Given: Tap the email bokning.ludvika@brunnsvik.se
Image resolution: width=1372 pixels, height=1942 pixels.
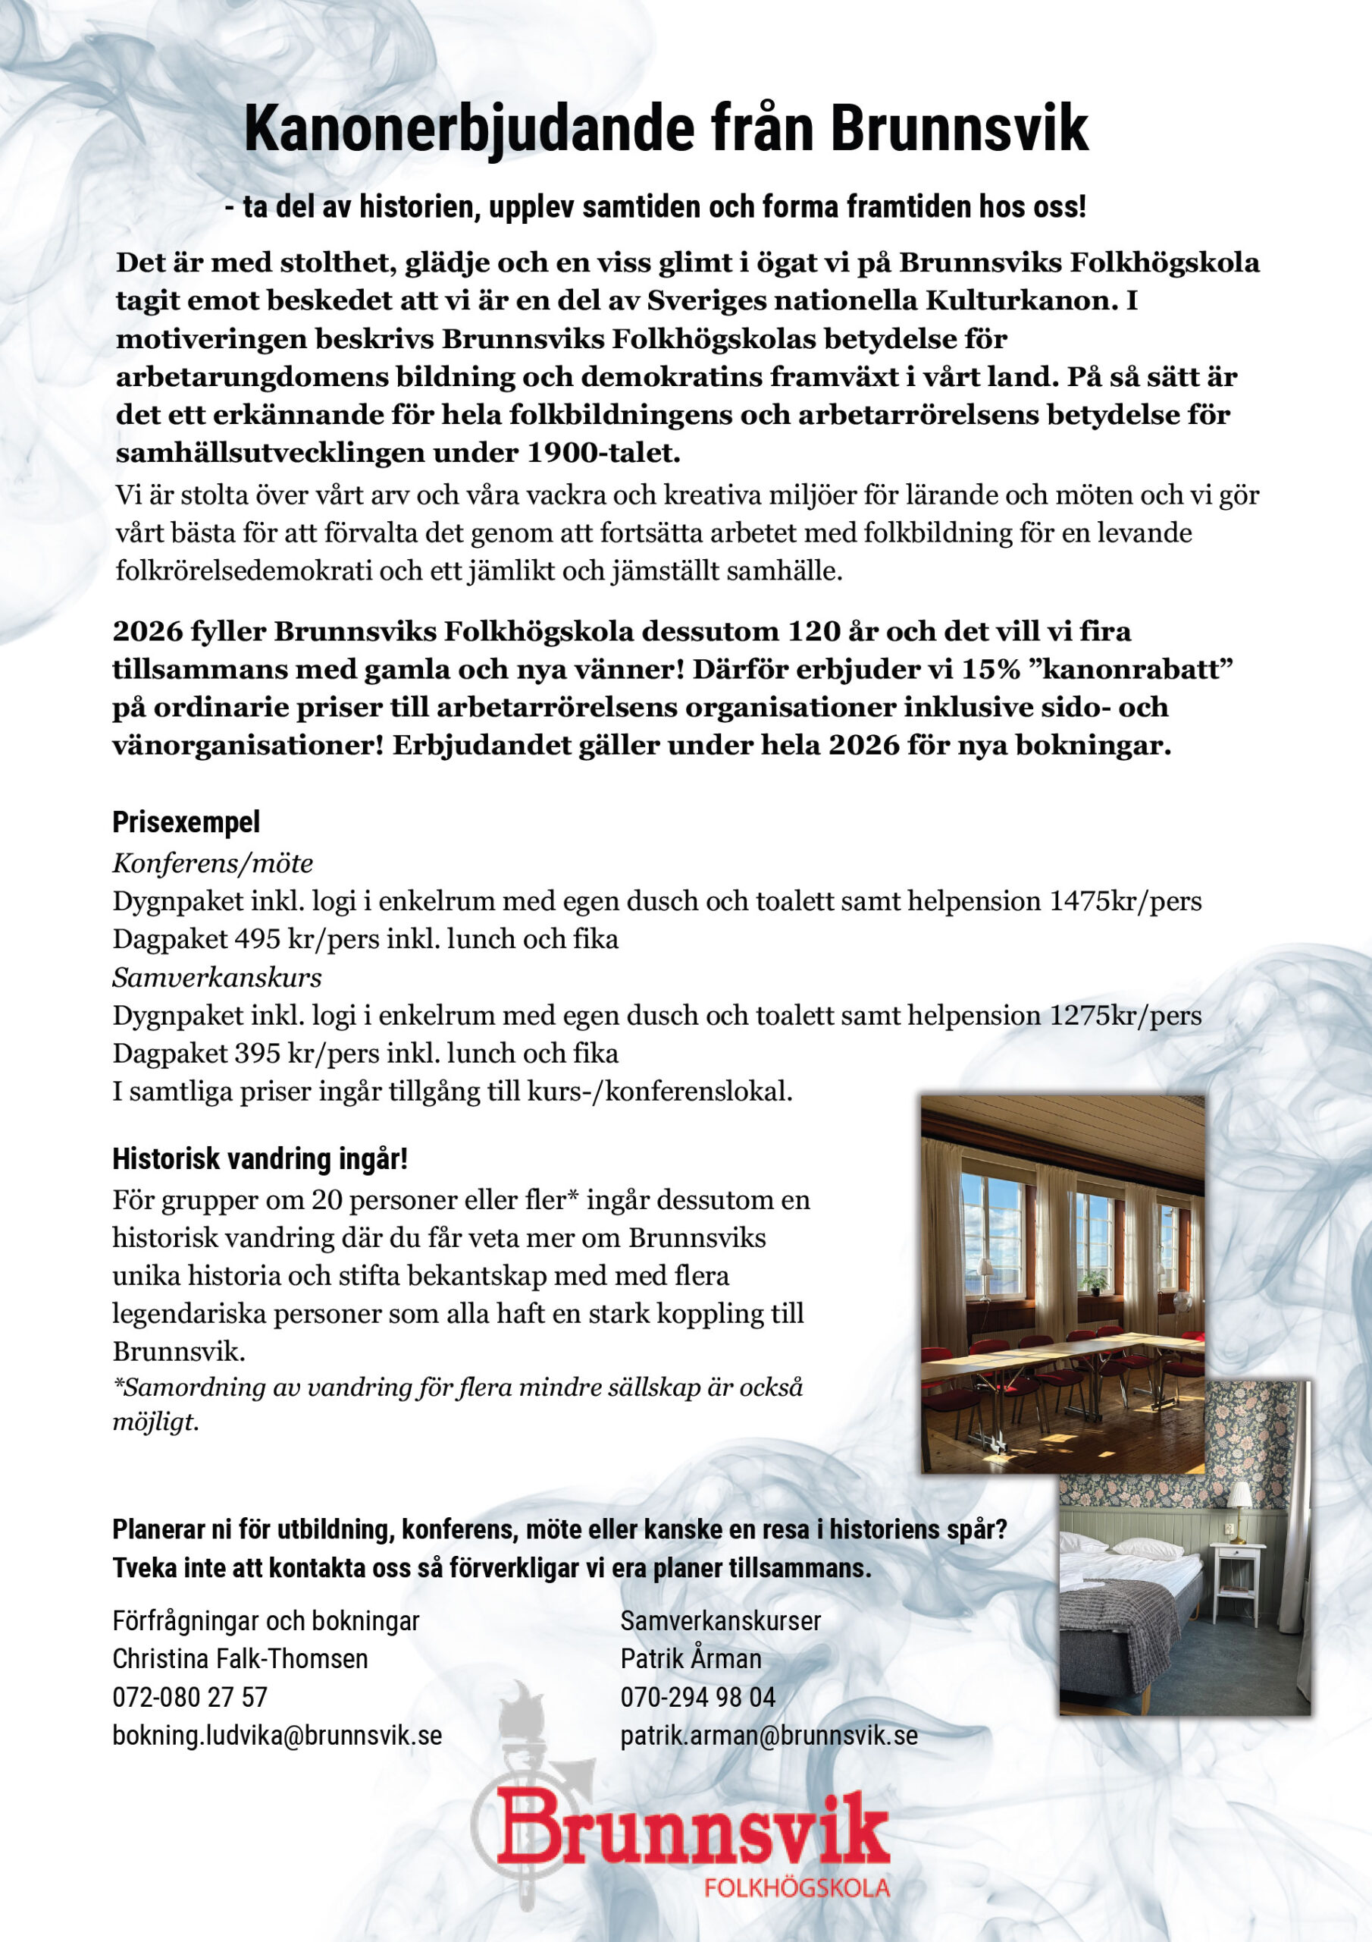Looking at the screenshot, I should pos(277,1736).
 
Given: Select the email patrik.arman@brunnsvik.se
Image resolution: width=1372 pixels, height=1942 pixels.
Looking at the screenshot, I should pos(769,1736).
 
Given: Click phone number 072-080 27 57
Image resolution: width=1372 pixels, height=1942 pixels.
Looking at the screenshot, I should pos(190,1697).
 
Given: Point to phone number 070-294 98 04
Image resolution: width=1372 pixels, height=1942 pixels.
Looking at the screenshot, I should pos(697,1697).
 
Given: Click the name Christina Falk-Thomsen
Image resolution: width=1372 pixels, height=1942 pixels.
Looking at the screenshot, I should pos(240,1658).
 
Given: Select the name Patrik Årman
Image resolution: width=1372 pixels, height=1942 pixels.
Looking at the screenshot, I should pos(691,1658).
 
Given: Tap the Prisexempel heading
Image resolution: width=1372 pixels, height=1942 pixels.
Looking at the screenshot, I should pos(186,822).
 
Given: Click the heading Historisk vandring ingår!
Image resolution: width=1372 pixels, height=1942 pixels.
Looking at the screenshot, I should pos(259,1158).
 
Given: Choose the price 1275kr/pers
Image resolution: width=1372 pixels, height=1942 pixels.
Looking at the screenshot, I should pos(1125,1015).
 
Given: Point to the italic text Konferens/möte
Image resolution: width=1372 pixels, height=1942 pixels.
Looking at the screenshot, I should pos(213,863).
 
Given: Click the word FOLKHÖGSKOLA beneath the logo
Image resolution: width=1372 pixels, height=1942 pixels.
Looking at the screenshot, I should pos(797,1888).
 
